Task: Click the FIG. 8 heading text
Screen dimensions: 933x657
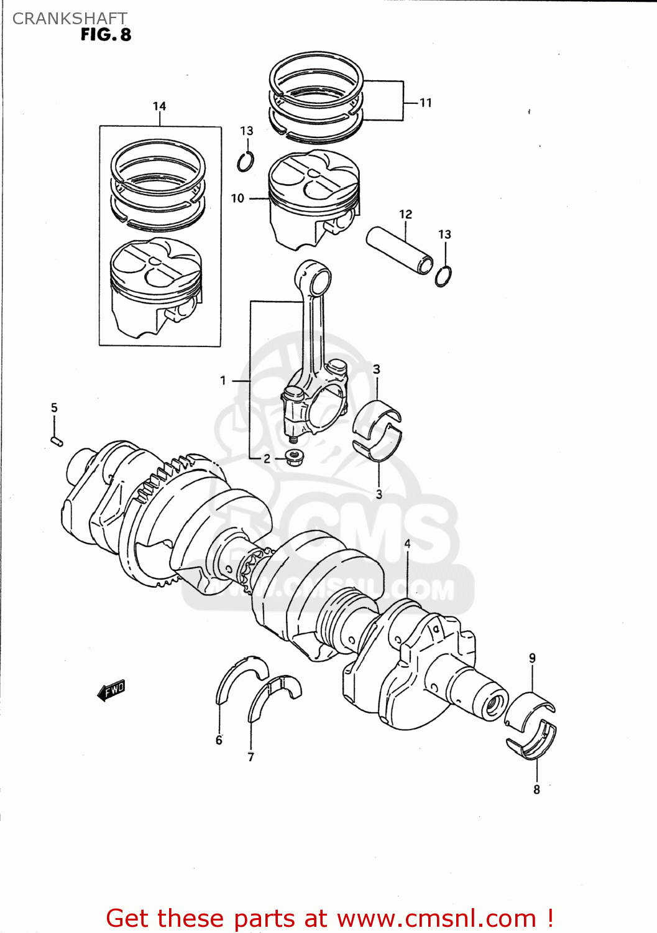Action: pos(106,35)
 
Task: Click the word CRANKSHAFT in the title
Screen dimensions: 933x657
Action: pos(70,19)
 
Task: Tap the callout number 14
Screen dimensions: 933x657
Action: pos(159,106)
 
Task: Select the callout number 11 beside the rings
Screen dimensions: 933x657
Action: pos(425,103)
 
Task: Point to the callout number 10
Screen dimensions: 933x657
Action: pos(237,198)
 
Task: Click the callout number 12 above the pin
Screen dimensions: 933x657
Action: pos(405,214)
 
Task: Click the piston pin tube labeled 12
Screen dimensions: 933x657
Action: pos(400,251)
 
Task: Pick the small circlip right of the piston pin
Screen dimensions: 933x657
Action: pos(443,276)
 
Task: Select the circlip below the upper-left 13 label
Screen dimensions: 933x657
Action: pos(246,162)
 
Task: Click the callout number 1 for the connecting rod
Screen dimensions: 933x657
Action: pos(223,380)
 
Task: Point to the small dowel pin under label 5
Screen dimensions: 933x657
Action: pos(56,441)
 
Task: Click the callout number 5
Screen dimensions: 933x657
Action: pos(54,408)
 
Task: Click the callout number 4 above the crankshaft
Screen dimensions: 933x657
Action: pos(408,544)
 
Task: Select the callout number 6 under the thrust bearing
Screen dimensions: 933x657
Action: pos(219,740)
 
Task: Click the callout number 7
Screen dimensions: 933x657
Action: pos(250,757)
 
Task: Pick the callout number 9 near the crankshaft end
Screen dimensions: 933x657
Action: pos(532,658)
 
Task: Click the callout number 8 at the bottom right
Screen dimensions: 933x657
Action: pos(536,790)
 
